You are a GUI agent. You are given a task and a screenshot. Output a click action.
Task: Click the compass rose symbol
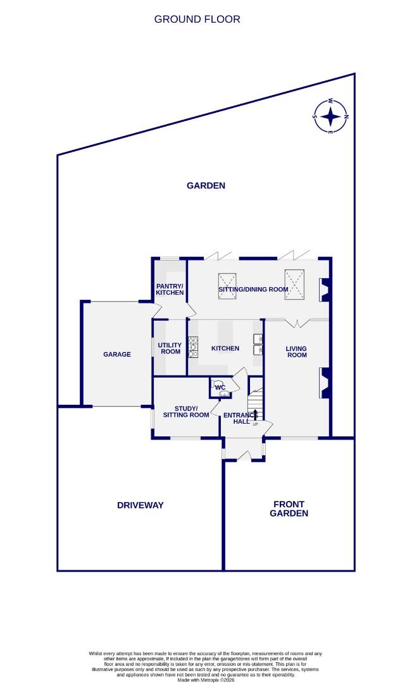point(331,116)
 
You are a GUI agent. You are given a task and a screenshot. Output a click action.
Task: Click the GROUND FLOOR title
point(197,19)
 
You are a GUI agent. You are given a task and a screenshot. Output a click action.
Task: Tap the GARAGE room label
point(117,354)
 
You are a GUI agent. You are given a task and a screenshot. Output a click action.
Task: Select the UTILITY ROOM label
point(170,348)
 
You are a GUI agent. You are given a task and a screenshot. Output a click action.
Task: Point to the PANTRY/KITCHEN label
point(170,289)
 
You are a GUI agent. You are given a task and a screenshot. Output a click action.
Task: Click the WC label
point(220,387)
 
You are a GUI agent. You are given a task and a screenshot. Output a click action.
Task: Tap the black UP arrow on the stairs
point(255,415)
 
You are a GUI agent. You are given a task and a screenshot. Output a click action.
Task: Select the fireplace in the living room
point(324,384)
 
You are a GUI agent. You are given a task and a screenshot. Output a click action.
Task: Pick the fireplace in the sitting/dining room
point(324,290)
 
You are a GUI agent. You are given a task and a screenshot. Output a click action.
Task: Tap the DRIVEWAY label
point(140,505)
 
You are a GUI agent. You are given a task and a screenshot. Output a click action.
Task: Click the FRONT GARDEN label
point(289,508)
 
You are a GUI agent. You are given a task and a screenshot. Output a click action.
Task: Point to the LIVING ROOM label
point(296,352)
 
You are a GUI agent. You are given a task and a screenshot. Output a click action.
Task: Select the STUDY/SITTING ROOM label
point(185,411)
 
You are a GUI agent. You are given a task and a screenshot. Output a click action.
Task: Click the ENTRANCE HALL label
point(238,419)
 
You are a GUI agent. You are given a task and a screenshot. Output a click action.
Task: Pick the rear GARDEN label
point(206,185)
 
